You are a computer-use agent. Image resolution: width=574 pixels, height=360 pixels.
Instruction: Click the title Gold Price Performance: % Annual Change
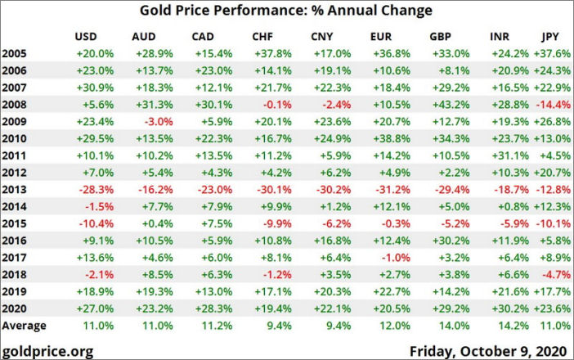tap(286, 11)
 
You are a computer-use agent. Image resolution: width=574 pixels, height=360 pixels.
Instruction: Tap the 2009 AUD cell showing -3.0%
tap(152, 122)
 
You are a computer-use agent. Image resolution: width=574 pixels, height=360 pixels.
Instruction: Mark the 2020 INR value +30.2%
tap(503, 309)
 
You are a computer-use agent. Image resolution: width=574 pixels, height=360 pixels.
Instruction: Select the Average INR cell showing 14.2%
tap(508, 325)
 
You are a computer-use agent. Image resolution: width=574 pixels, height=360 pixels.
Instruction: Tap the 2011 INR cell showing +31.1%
tap(503, 154)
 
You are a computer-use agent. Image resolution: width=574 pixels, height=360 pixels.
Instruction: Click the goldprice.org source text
tap(47, 350)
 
